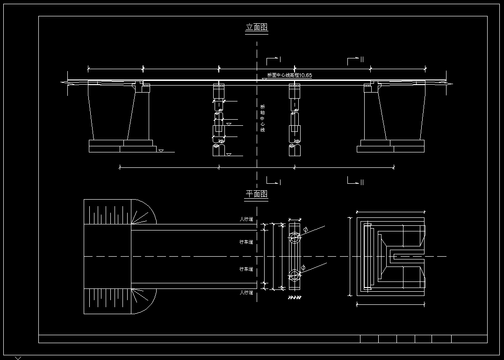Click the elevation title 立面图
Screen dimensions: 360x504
click(257, 28)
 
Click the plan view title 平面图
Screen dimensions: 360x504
click(257, 194)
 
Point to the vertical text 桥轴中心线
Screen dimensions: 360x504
click(262, 118)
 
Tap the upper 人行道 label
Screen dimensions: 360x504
click(246, 219)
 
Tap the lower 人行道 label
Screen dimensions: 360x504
click(246, 293)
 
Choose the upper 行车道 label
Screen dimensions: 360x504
click(246, 242)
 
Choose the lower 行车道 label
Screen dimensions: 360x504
click(246, 269)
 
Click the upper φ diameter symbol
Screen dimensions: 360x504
click(305, 230)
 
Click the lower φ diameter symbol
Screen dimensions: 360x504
click(303, 267)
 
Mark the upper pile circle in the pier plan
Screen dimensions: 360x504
click(294, 237)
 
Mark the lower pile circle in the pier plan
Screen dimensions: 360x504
click(294, 275)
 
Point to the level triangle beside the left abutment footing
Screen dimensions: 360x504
click(161, 151)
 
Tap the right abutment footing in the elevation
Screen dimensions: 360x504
click(391, 146)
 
